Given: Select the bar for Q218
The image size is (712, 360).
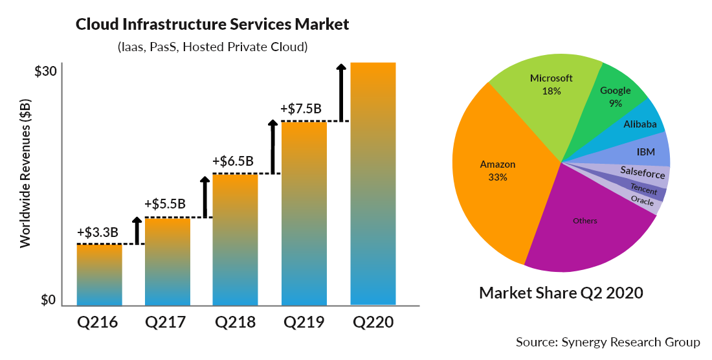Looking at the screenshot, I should tap(235, 240).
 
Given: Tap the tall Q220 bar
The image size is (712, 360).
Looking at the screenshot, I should tap(372, 184).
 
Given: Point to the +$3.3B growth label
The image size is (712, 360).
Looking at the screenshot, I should tap(98, 232).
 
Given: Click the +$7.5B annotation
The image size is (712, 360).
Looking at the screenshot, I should tap(301, 109).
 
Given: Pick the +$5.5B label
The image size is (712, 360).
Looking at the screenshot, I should tap(165, 204).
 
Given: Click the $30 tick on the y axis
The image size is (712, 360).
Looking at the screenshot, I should tap(45, 71).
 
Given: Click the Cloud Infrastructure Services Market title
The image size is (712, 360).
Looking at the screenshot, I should tap(212, 25).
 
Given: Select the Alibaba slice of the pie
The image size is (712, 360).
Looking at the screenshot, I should tap(641, 124).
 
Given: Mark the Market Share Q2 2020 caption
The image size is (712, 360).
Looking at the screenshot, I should tap(561, 293).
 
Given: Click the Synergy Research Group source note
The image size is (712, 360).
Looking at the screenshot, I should tap(608, 341).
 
